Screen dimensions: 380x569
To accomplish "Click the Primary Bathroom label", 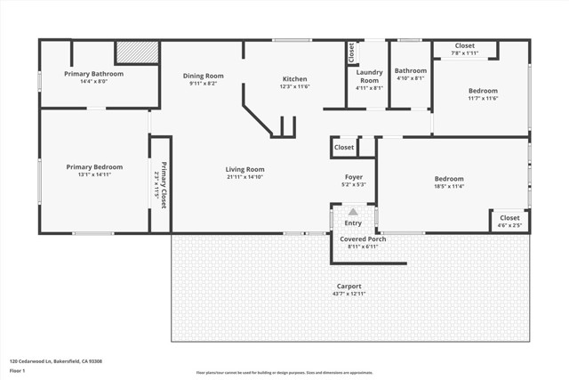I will tap(93, 74).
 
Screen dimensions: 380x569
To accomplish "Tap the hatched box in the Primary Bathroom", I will tap(137, 53).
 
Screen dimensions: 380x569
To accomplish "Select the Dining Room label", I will tap(203, 76).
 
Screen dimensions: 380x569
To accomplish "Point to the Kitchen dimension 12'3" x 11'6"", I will tap(294, 86).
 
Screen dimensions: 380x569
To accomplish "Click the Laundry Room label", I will tap(369, 76).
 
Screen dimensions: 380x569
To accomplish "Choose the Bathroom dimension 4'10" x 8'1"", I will tap(410, 78).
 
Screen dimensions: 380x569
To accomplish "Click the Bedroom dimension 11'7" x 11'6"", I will tap(483, 98).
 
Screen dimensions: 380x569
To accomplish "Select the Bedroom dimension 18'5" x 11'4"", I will tap(448, 187).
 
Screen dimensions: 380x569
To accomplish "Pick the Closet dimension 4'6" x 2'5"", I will tap(509, 225).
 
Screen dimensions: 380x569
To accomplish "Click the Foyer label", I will tap(354, 177).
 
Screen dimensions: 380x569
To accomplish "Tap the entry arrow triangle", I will tap(353, 211).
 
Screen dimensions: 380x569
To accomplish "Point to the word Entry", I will tap(353, 223).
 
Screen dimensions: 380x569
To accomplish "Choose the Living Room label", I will tap(244, 168).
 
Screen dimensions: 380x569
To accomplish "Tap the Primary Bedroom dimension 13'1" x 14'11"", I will tap(93, 175).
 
